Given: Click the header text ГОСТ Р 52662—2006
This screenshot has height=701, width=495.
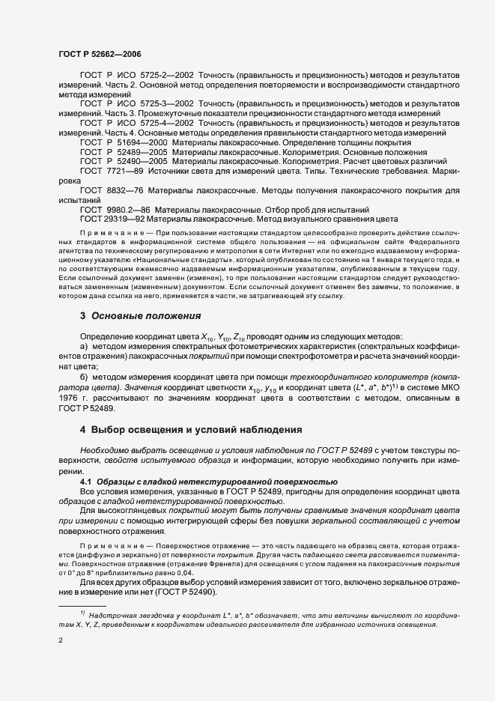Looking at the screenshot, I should (99, 54).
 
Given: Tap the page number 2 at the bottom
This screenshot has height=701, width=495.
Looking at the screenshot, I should (61, 641).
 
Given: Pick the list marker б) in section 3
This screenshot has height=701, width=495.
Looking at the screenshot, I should (84, 378).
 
